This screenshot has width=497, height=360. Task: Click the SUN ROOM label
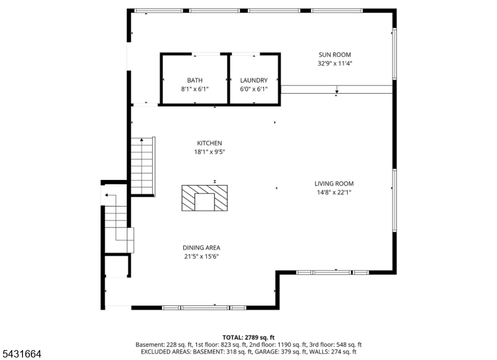click(335, 55)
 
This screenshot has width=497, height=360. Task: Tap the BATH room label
click(194, 81)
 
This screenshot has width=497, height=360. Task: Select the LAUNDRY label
click(254, 81)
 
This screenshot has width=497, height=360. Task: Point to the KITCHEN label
click(209, 143)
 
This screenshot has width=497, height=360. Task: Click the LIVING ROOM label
click(334, 184)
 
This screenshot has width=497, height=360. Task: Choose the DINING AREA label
click(201, 248)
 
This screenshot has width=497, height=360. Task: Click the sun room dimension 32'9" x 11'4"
click(335, 63)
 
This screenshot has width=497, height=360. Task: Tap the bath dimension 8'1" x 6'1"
click(194, 89)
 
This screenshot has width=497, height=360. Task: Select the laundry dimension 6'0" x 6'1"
click(254, 89)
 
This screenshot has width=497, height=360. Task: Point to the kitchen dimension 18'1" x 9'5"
click(209, 152)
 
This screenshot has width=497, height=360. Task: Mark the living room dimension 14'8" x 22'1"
click(334, 192)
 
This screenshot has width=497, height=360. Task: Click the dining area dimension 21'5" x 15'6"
click(201, 256)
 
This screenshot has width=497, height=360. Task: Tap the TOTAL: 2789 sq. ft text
click(248, 338)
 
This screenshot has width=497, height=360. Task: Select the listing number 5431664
click(22, 354)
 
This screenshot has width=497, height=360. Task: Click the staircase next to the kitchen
click(143, 166)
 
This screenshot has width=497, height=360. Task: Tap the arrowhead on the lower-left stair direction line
click(106, 196)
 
